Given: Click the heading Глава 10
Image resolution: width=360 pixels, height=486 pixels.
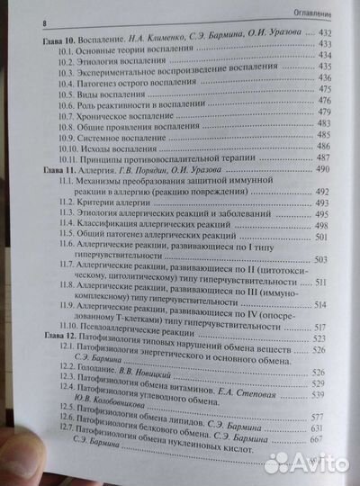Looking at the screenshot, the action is point(59,42).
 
